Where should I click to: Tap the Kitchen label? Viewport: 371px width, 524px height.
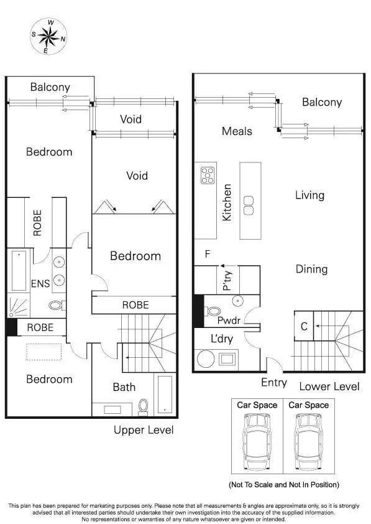pos(227,202)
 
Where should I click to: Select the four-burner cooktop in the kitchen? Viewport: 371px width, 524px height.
pos(207,175)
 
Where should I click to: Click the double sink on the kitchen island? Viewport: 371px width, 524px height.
pos(249,205)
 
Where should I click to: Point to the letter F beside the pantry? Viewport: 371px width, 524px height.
pos(208,254)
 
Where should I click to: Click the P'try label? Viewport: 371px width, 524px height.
pos(227,279)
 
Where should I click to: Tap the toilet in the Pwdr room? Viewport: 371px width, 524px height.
pos(213,311)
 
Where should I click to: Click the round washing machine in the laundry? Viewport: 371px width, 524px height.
pos(204,359)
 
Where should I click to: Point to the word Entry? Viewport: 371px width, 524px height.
pos(273,382)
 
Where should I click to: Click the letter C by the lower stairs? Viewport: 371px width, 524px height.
pos(304,326)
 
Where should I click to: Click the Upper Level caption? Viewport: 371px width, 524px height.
pos(144,430)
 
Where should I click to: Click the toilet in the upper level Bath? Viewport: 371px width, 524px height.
pos(144,406)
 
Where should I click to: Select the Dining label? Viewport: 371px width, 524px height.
pos(311,269)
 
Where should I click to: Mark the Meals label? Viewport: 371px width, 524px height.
pos(237,131)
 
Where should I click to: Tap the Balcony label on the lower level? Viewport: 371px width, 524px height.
pos(321,102)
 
